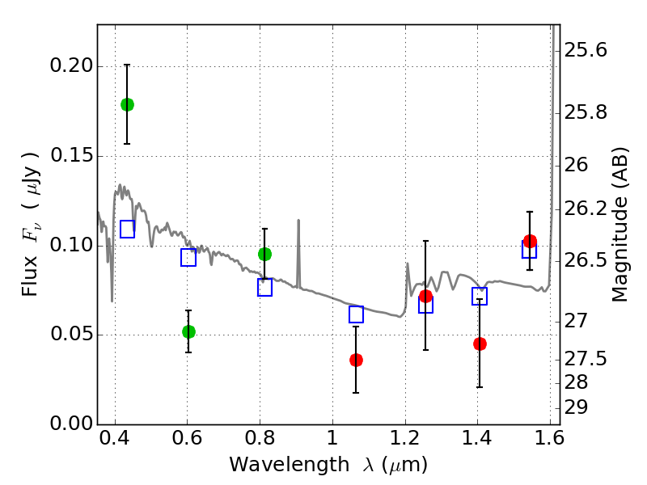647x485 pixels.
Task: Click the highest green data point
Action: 127,104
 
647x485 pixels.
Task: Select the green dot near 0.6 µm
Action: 188,331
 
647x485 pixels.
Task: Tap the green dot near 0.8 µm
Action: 264,254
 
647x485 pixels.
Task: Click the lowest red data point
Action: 356,360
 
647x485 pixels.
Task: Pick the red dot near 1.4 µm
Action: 480,344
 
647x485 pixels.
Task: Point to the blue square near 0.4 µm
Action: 127,229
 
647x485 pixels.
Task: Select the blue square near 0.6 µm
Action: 188,258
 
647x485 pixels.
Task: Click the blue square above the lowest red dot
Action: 356,314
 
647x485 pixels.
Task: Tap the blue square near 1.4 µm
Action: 480,297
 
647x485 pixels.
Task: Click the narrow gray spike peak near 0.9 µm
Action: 298,220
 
